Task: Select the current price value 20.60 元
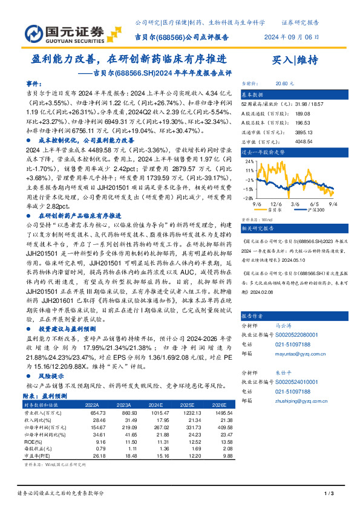point(284,84)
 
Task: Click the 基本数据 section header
point(253,95)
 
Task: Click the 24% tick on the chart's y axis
point(248,161)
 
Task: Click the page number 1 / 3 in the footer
point(330,495)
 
